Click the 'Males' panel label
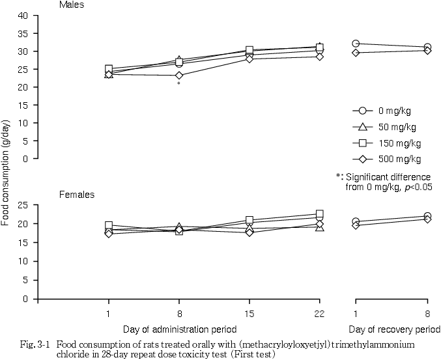(70, 5)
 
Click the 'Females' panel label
(76, 194)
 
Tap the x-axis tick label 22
(319, 312)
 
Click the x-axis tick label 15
(249, 312)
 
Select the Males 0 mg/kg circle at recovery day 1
(356, 44)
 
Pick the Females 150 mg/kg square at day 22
(319, 214)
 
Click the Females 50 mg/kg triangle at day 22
(319, 227)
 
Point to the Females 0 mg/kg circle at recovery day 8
(427, 216)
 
